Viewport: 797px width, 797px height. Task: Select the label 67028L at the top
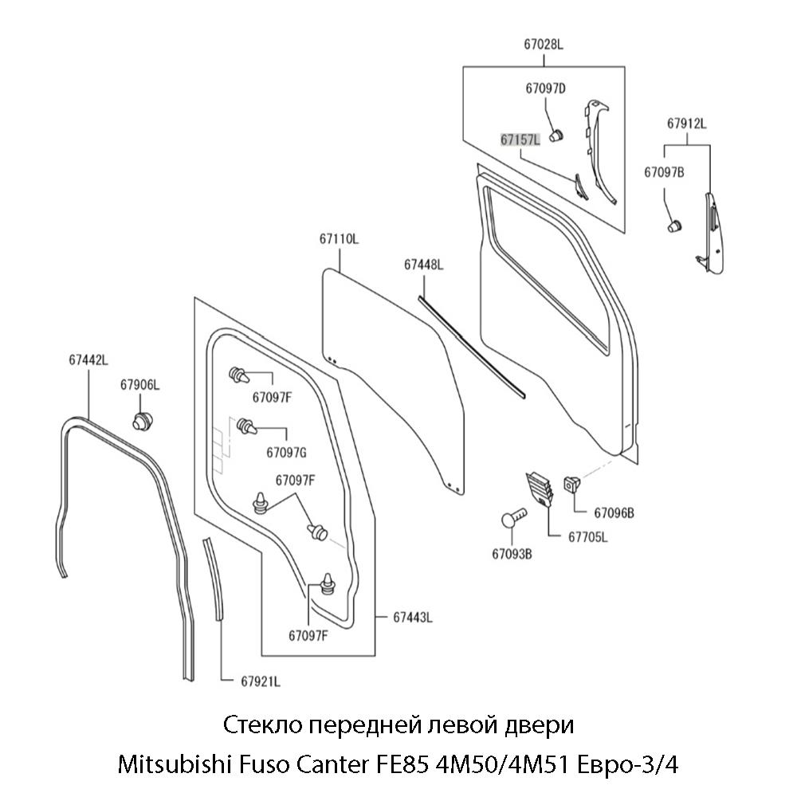544,45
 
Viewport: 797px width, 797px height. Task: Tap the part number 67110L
340,238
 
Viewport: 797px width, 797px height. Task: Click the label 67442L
88,360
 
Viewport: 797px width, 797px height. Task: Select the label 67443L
412,617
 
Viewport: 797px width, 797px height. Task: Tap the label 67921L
260,681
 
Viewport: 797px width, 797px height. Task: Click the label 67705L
587,537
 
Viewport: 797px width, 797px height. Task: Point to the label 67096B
614,512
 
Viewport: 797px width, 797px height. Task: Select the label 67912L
687,124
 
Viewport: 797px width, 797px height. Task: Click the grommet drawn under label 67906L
142,421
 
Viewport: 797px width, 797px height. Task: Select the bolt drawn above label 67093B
514,517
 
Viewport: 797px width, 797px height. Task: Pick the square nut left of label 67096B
573,483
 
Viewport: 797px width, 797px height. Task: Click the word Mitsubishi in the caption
167,767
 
